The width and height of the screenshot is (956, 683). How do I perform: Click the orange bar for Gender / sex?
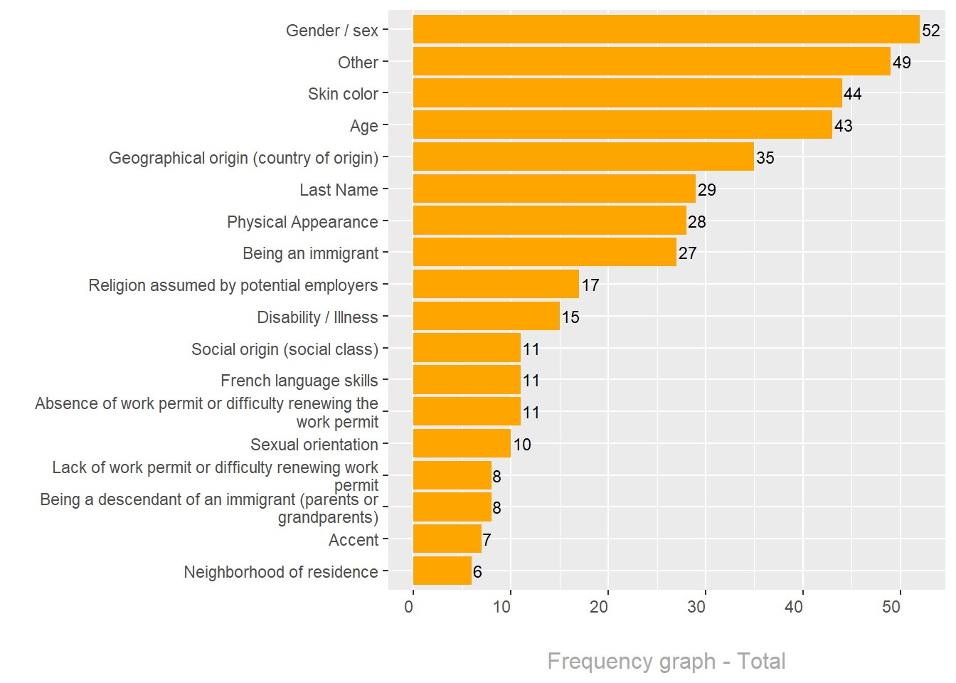click(666, 30)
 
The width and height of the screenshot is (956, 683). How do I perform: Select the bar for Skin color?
click(627, 93)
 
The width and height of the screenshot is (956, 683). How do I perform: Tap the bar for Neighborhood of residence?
click(442, 571)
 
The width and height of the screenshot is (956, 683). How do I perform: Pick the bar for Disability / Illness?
click(487, 317)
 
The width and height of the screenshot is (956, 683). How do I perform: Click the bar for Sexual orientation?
click(462, 444)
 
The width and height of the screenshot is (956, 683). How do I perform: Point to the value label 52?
click(931, 31)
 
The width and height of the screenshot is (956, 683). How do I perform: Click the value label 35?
click(765, 158)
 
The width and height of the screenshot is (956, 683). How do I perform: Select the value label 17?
click(590, 285)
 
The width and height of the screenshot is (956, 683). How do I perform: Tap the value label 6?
click(477, 572)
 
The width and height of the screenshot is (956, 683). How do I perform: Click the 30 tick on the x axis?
click(696, 607)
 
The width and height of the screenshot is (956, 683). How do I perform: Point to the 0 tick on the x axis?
click(409, 607)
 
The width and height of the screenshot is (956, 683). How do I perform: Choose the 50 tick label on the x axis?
click(891, 607)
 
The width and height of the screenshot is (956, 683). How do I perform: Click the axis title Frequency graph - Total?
click(666, 661)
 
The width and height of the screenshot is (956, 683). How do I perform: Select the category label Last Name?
click(339, 190)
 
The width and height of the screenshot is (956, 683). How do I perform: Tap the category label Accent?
click(354, 540)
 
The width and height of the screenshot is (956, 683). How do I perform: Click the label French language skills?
click(299, 381)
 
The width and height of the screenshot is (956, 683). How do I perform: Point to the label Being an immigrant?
click(310, 253)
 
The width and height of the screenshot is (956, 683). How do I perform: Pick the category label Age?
click(363, 126)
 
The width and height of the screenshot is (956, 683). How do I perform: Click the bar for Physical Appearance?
click(550, 221)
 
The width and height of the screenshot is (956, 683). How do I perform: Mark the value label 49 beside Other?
click(902, 63)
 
